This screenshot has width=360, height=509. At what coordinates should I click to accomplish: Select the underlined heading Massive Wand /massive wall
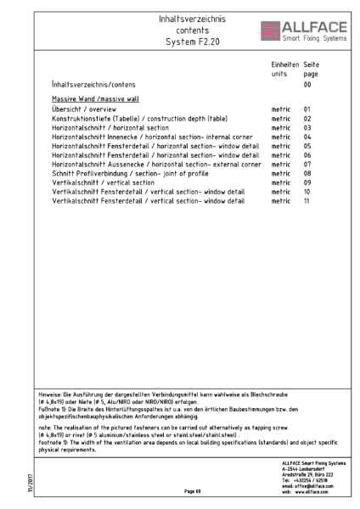(88, 98)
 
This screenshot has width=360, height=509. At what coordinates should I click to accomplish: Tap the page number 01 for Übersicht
(308, 109)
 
